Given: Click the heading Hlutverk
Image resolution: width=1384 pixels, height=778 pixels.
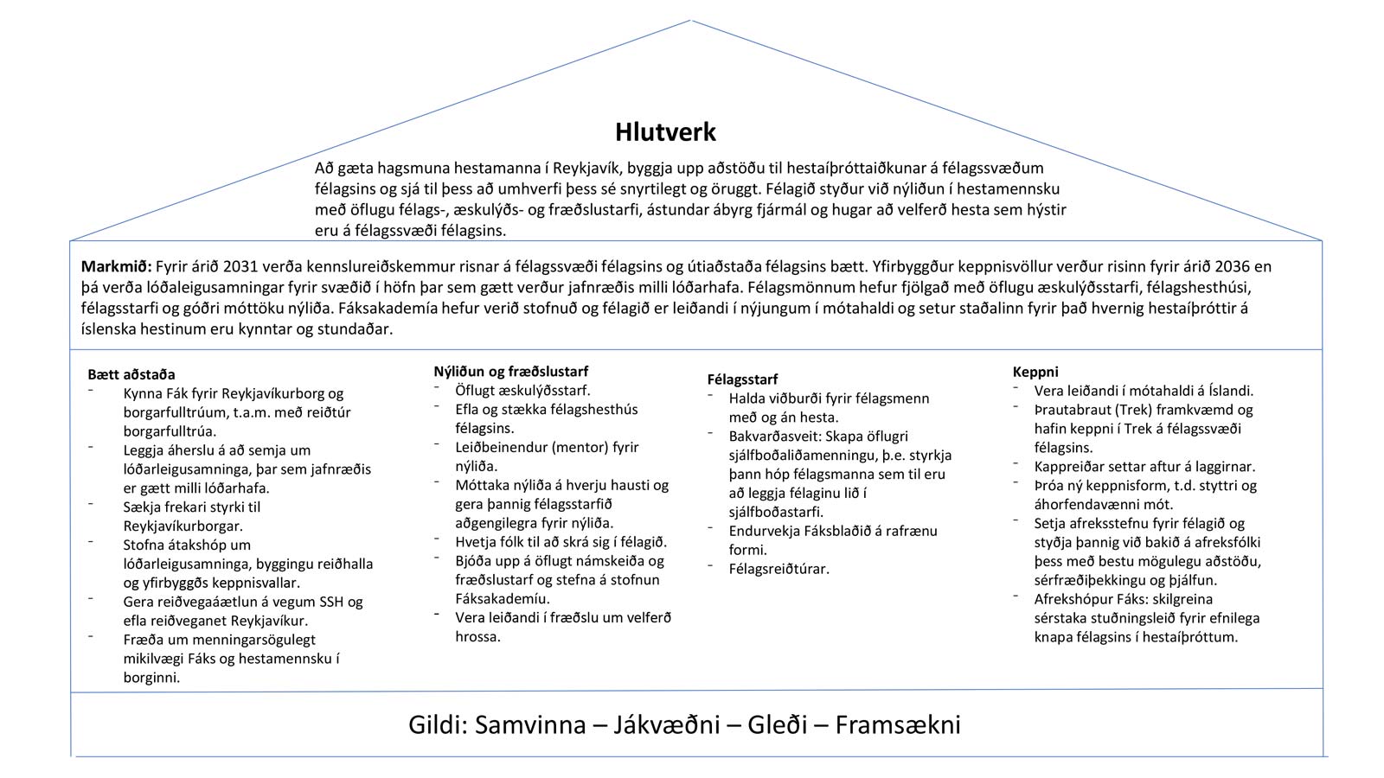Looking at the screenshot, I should (665, 132).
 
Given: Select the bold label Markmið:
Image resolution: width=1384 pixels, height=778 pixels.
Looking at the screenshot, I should (116, 266).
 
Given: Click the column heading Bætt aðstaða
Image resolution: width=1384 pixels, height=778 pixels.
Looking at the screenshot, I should (131, 374).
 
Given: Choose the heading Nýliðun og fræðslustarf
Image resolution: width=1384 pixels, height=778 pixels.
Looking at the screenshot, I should (510, 371).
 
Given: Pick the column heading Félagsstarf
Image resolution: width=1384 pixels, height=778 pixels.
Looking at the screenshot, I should (742, 379).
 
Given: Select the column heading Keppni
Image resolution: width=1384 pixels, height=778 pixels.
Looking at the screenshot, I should (1035, 372).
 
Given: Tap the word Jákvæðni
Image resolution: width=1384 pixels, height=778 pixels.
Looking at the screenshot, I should (667, 724).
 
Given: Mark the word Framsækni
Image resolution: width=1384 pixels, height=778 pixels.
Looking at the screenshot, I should (898, 724).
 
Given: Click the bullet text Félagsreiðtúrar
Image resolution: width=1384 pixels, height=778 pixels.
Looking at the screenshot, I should (778, 569).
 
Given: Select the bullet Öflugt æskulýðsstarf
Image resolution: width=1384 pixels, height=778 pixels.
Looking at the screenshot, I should (522, 390).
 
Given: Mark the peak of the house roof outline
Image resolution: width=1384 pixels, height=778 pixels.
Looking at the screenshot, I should (691, 20).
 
